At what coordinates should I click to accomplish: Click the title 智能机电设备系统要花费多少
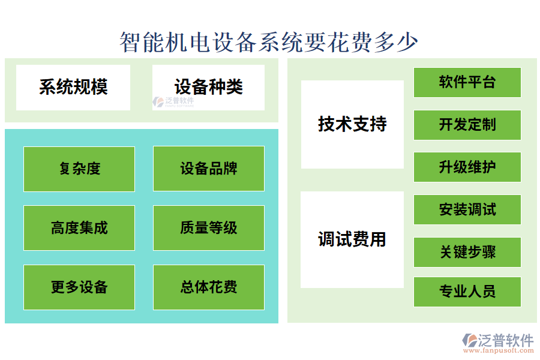pyautogui.click(x=269, y=42)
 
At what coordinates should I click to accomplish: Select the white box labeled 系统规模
pyautogui.click(x=73, y=88)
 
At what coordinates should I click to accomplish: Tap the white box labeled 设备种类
pyautogui.click(x=208, y=88)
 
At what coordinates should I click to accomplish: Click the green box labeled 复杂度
pyautogui.click(x=79, y=169)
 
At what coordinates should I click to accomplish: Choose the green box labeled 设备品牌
pyautogui.click(x=209, y=169)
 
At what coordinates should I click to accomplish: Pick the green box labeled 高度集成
pyautogui.click(x=79, y=228)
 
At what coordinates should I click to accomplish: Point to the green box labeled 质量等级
pyautogui.click(x=209, y=228)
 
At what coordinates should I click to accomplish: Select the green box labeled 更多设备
pyautogui.click(x=79, y=287)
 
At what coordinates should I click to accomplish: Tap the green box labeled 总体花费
pyautogui.click(x=209, y=287)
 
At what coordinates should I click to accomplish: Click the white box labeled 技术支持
pyautogui.click(x=352, y=125)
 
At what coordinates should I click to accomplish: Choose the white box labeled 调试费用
pyautogui.click(x=352, y=239)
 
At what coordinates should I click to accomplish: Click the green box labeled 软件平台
pyautogui.click(x=467, y=82)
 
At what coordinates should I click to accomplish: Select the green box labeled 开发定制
pyautogui.click(x=467, y=125)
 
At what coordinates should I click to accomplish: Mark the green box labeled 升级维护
pyautogui.click(x=467, y=167)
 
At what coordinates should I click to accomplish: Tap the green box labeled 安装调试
pyautogui.click(x=467, y=210)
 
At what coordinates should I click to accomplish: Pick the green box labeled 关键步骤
pyautogui.click(x=467, y=252)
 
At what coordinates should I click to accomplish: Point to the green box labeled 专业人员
pyautogui.click(x=467, y=292)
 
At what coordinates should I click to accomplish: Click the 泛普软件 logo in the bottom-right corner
pyautogui.click(x=497, y=340)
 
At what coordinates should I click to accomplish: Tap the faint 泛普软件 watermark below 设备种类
pyautogui.click(x=173, y=102)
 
